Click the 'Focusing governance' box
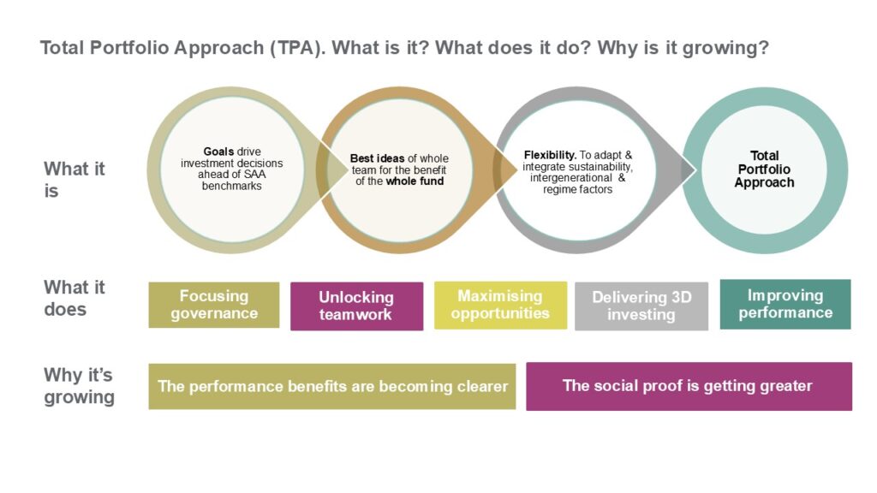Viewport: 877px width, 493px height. pyautogui.click(x=213, y=305)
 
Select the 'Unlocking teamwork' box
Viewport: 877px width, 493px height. pyautogui.click(x=356, y=306)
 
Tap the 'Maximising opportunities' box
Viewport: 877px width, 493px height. pyautogui.click(x=500, y=305)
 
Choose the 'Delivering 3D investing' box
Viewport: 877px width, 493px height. pyautogui.click(x=641, y=306)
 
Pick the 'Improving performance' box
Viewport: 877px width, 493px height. pyautogui.click(x=785, y=304)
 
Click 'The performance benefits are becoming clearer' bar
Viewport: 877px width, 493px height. pyautogui.click(x=332, y=386)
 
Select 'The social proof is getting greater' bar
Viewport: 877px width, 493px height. pyautogui.click(x=689, y=386)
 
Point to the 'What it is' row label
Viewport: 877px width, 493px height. pyautogui.click(x=75, y=180)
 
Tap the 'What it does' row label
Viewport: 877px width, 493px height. pyautogui.click(x=75, y=298)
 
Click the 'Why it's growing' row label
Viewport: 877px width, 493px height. pyautogui.click(x=79, y=386)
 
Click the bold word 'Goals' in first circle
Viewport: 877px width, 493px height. pyautogui.click(x=218, y=151)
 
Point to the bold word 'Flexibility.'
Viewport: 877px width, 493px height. pyautogui.click(x=550, y=155)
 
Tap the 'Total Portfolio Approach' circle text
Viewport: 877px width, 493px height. pyautogui.click(x=764, y=169)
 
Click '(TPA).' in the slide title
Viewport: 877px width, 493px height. pyautogui.click(x=297, y=48)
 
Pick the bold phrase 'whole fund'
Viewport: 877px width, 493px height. pyautogui.click(x=415, y=181)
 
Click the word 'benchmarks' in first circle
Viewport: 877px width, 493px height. pyautogui.click(x=231, y=186)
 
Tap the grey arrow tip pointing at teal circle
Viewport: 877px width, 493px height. pyautogui.click(x=695, y=170)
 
